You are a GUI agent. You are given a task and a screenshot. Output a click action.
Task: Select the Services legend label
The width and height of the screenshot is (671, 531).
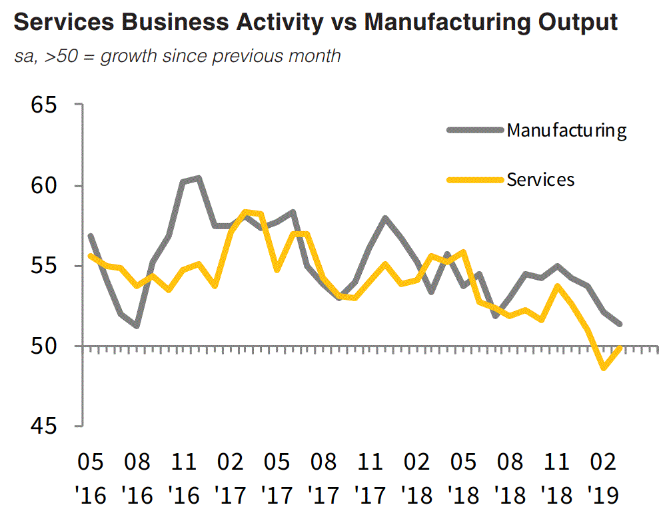[x=540, y=179]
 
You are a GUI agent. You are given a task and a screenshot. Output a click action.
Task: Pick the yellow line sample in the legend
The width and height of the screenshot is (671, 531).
[x=474, y=179]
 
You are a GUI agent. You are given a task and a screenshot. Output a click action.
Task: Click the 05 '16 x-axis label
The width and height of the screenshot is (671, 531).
[x=91, y=478]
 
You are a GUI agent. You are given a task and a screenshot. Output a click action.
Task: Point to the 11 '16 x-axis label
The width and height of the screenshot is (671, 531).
[x=184, y=478]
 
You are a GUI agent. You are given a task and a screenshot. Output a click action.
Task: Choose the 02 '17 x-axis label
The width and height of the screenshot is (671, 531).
[x=231, y=478]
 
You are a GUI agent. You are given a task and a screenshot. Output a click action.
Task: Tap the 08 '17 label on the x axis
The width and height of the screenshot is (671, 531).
[x=324, y=478]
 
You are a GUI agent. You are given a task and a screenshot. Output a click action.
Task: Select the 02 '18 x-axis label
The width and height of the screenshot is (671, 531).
[x=417, y=478]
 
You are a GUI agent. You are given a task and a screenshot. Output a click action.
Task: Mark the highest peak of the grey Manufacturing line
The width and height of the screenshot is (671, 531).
[x=199, y=178]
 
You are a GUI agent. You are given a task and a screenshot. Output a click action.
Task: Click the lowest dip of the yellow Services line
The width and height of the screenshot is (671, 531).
[x=604, y=367]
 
